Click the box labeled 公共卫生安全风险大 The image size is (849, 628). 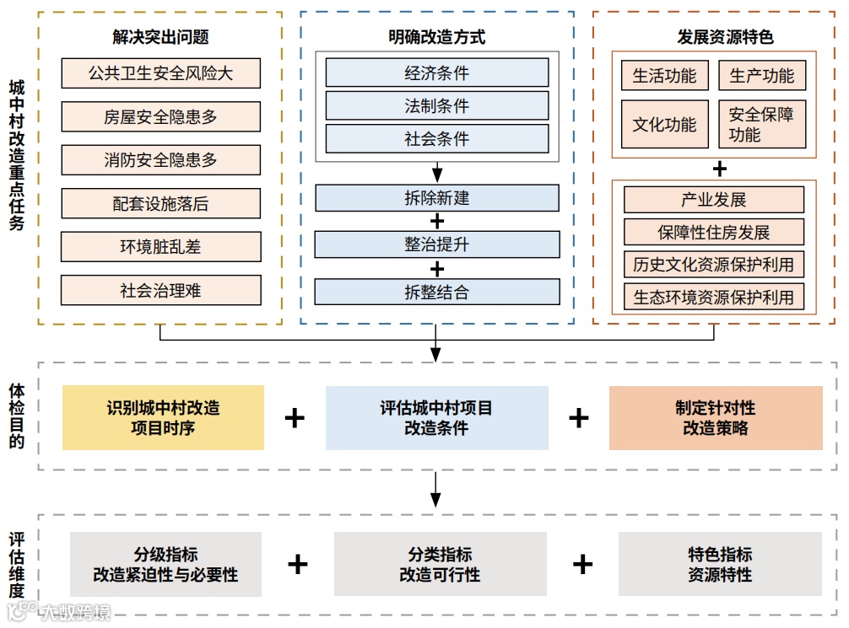[160, 73]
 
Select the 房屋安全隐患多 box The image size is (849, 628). [160, 117]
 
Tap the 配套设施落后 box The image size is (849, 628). [160, 203]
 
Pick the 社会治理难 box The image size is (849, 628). [160, 291]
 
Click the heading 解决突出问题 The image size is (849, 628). [160, 37]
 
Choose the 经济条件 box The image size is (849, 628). [436, 73]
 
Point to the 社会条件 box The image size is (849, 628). [436, 139]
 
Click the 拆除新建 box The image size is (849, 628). [436, 199]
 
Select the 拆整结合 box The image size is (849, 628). [436, 293]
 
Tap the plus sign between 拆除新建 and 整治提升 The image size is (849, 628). [437, 222]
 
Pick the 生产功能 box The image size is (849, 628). [762, 76]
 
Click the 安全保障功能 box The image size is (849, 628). [762, 125]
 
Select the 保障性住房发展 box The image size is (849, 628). [714, 233]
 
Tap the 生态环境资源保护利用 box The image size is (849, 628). [714, 298]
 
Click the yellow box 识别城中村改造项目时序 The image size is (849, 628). [163, 418]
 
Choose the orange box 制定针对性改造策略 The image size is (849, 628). [716, 418]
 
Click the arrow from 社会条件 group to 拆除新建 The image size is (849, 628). [437, 173]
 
